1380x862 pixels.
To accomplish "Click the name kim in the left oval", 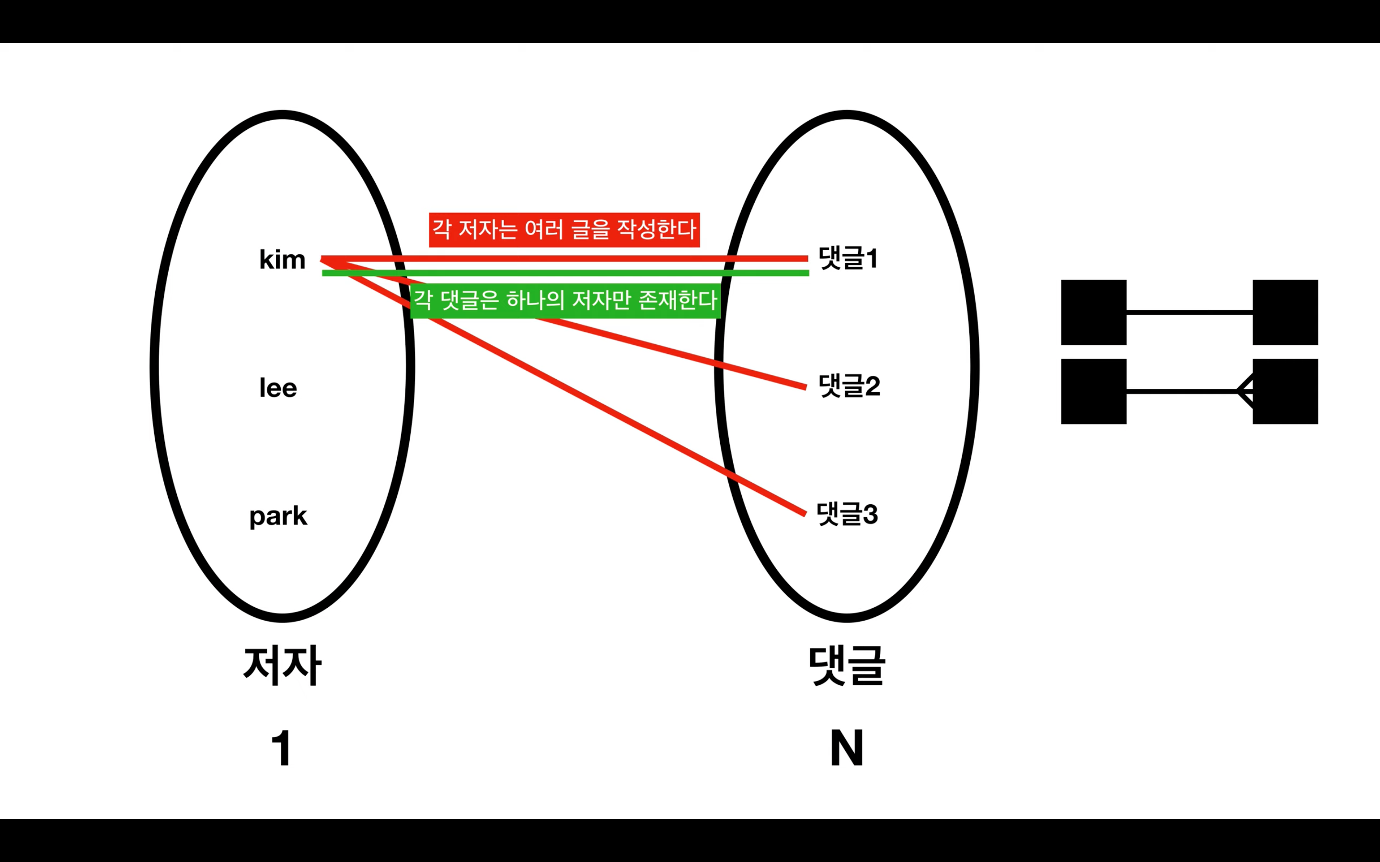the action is click(282, 260).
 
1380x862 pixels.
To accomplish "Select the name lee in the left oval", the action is click(278, 388).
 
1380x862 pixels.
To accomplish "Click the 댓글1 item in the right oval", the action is click(848, 258).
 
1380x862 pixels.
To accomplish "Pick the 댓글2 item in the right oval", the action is click(849, 386).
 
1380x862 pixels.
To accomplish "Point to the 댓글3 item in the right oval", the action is click(847, 514).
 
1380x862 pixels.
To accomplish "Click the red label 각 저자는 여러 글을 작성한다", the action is click(564, 230).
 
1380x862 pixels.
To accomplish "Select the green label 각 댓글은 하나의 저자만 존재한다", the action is click(565, 300).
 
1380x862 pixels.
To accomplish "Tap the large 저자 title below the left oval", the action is click(282, 666).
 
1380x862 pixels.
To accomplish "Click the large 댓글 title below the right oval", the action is click(847, 666).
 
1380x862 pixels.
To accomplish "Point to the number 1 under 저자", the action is click(282, 748).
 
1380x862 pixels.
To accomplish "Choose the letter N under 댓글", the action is click(847, 748).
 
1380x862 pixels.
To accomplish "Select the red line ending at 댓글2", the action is click(673, 353).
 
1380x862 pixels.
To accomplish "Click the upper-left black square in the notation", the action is click(1093, 312).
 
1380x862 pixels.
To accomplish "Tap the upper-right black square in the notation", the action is click(1285, 312).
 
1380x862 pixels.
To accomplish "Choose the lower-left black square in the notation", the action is click(1093, 392).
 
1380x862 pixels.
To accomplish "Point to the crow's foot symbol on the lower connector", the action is click(1245, 391).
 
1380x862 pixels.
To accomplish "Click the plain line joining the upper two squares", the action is click(1189, 312).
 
